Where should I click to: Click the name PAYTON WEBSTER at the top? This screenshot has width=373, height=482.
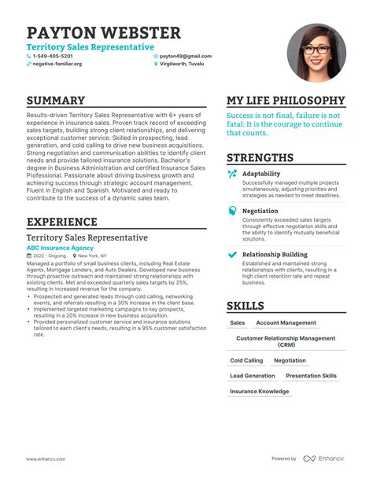pos(103,33)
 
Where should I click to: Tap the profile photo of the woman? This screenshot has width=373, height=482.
pos(316,53)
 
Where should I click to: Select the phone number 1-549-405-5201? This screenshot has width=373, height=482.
pos(57,57)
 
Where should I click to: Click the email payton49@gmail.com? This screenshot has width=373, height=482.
pos(186,57)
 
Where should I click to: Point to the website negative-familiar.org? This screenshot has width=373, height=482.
pos(57,64)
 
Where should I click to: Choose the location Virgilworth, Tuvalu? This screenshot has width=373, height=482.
pos(186,64)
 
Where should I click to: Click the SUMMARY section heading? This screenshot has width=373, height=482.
pos(55,101)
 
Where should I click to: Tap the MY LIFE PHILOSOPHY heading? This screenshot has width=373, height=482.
pos(286,101)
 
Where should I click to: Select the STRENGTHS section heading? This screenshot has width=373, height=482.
pos(260,157)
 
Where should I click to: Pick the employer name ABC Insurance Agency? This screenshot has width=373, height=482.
pos(60,248)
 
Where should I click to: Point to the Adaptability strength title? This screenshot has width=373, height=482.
pos(260,174)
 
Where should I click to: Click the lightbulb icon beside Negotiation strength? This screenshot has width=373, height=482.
pos(232,212)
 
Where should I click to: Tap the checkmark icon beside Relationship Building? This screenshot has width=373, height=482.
pos(232,255)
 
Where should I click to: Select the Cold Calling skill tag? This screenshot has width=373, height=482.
pos(246,361)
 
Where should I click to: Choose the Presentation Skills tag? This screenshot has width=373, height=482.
pos(311,376)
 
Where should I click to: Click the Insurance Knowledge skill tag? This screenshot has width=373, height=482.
pos(259,391)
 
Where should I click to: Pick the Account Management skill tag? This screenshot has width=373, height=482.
pos(286,323)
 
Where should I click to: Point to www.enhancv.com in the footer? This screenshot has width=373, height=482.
pos(44,459)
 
